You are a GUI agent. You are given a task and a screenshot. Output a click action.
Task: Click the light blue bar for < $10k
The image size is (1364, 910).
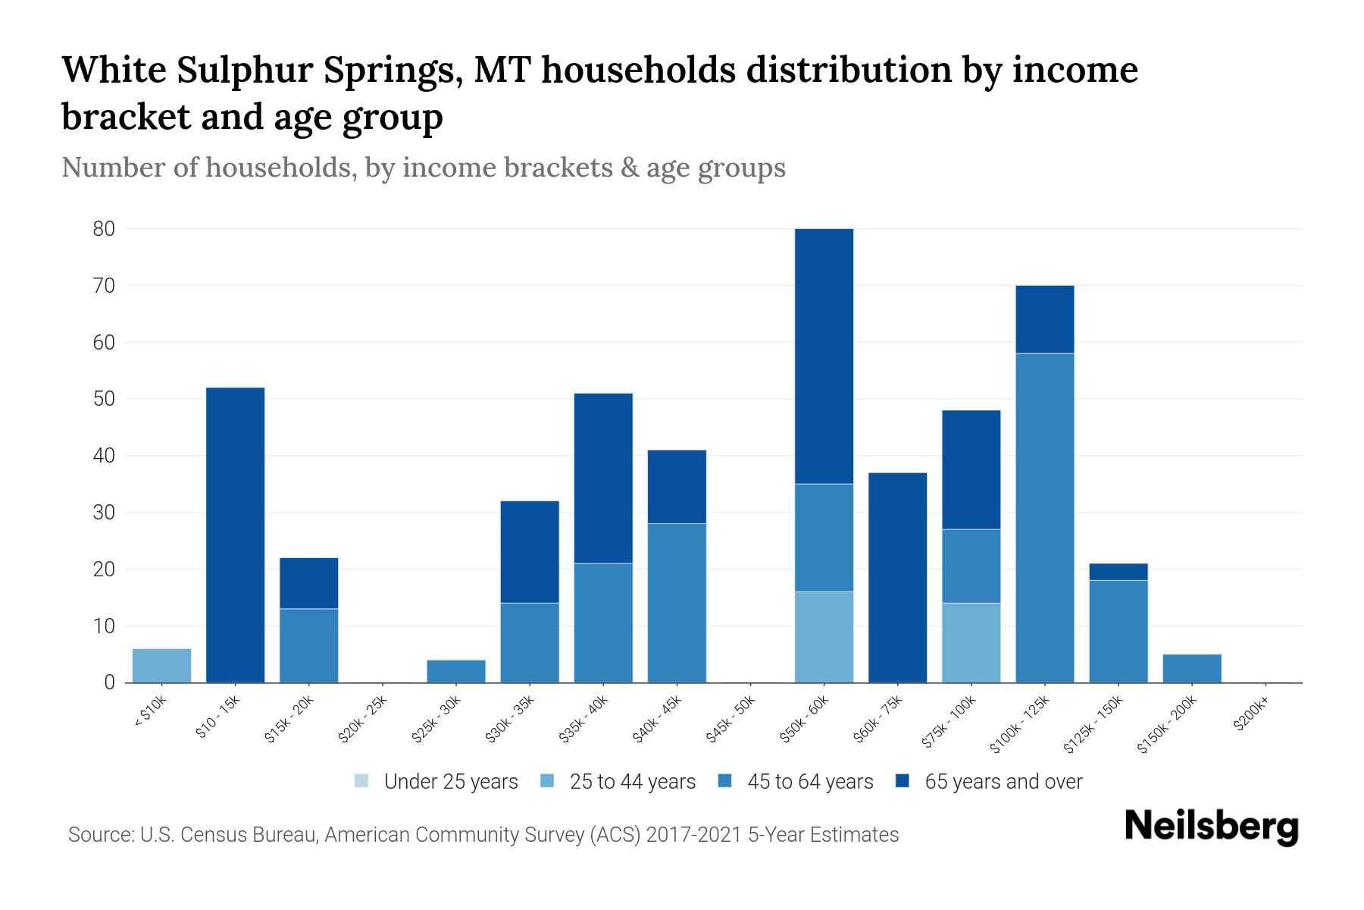click(161, 665)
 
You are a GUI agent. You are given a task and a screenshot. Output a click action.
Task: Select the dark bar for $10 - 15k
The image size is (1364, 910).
click(235, 535)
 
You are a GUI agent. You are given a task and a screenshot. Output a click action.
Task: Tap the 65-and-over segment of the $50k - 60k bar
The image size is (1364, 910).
click(824, 356)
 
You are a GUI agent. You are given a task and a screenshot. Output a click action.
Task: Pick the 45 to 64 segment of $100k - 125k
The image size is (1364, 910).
click(1044, 517)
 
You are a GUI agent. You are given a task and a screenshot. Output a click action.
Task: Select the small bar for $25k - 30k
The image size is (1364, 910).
click(455, 671)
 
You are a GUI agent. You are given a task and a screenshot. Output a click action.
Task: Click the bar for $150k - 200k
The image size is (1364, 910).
click(1191, 668)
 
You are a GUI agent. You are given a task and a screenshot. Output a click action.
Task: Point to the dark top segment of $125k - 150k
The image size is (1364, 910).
click(1118, 572)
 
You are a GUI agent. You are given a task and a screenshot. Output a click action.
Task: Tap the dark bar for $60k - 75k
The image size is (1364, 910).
click(897, 577)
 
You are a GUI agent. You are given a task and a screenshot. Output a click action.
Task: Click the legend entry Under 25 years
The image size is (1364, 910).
click(436, 781)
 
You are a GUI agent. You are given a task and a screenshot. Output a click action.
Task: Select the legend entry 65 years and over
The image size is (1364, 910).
click(989, 781)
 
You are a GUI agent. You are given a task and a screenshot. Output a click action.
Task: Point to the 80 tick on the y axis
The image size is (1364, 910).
click(104, 229)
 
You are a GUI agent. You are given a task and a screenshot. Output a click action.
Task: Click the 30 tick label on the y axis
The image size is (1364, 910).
click(104, 513)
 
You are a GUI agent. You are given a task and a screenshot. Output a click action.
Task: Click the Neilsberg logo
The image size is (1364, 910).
click(1211, 827)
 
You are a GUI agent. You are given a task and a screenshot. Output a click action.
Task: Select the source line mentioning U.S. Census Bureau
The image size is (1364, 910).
click(483, 835)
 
